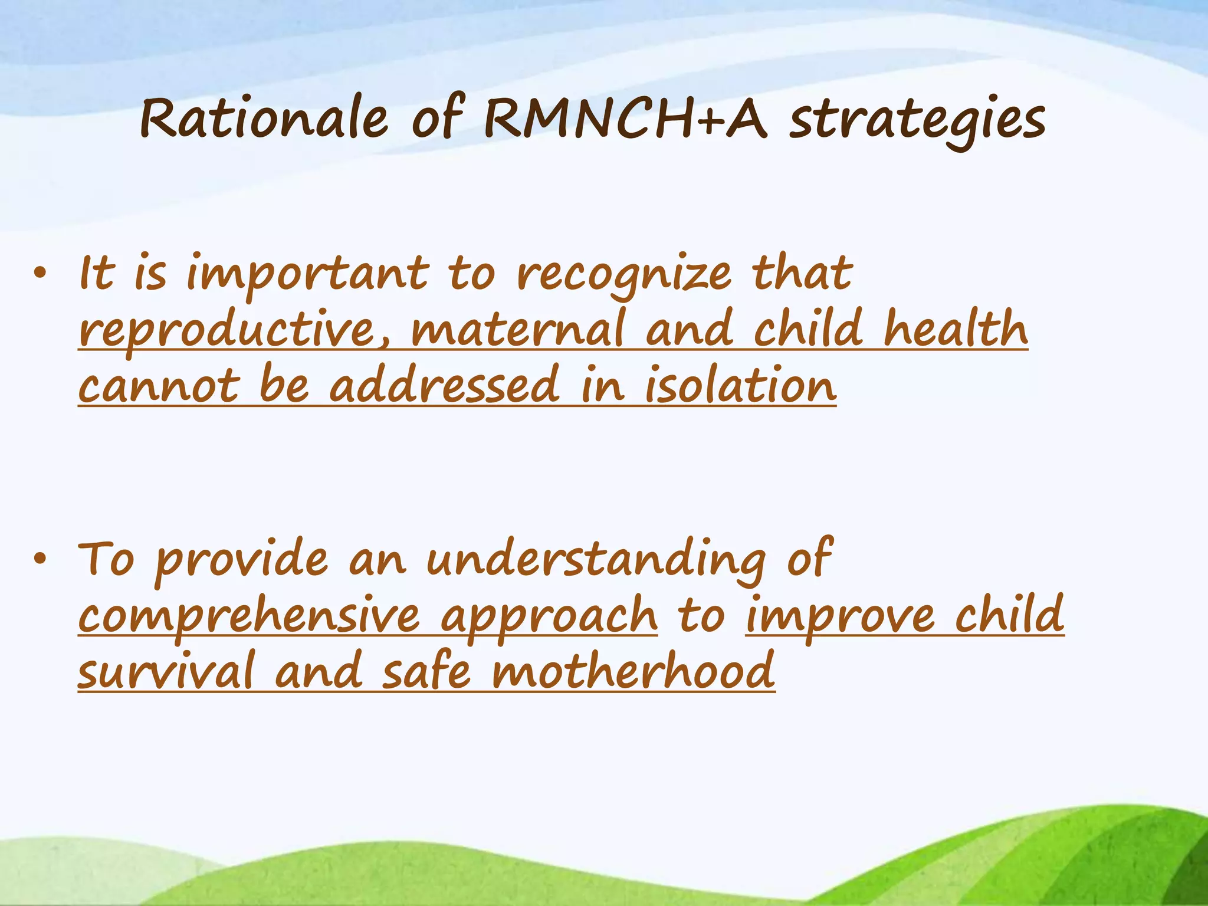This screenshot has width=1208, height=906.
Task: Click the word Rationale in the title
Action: pos(264,119)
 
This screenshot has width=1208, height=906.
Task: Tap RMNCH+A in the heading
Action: pos(625,119)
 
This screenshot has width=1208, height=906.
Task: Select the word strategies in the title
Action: pos(918,122)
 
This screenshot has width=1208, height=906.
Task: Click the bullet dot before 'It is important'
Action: pos(39,273)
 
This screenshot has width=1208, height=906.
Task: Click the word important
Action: pos(307,275)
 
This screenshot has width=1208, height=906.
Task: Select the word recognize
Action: pos(624,275)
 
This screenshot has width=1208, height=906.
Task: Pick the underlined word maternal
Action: pos(517,330)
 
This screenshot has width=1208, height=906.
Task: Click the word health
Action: pos(956,329)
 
